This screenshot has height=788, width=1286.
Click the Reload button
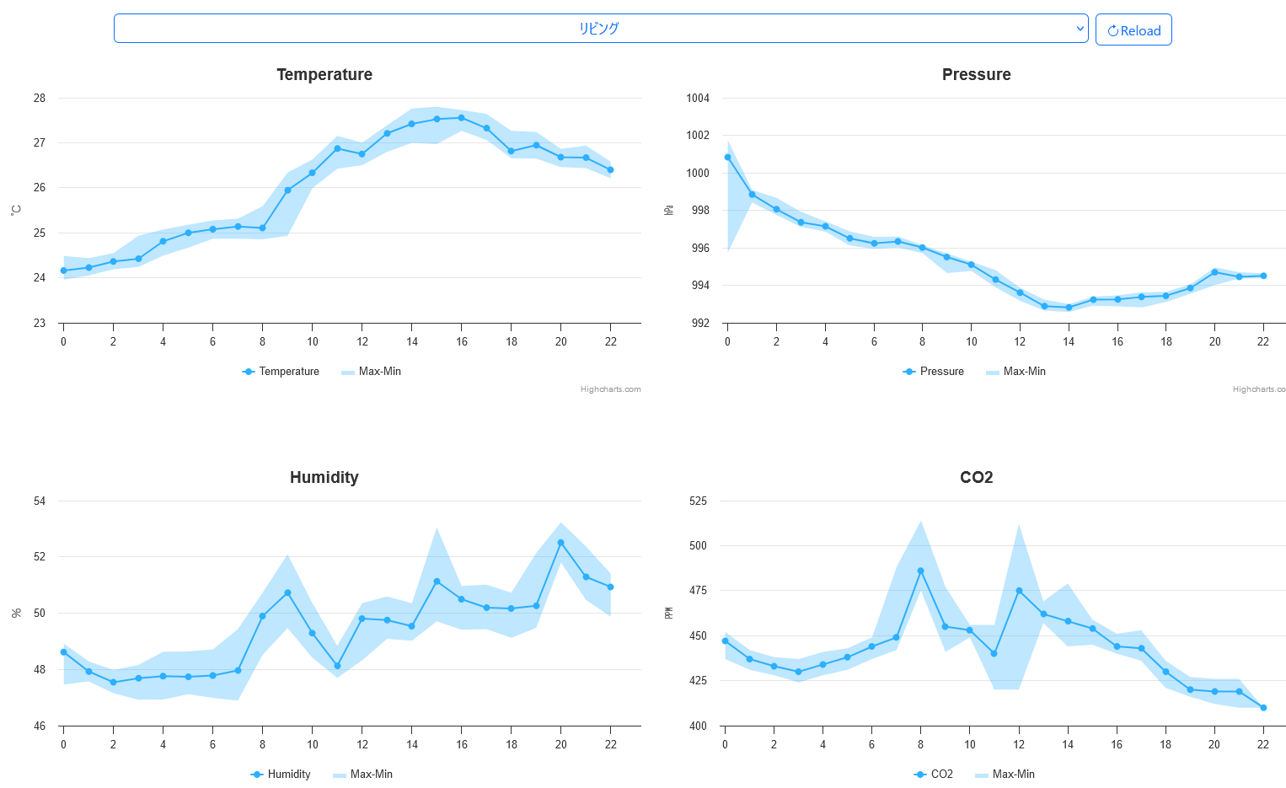point(1133,30)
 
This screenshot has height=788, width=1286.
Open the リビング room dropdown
point(600,29)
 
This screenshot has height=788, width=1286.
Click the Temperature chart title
point(324,74)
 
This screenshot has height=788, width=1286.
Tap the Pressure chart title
point(976,74)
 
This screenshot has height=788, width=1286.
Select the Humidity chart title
point(324,477)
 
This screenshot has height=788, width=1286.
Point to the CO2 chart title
point(976,477)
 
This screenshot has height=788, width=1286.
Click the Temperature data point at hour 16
point(461,118)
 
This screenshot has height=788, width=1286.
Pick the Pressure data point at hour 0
point(727,157)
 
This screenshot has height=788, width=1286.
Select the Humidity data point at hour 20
point(561,543)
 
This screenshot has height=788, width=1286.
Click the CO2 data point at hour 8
point(920,571)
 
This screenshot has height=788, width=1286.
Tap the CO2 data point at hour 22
point(1263,708)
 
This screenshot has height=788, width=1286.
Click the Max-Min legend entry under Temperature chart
point(371,372)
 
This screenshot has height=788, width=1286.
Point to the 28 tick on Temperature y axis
point(40,98)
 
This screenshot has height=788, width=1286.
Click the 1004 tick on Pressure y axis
point(698,98)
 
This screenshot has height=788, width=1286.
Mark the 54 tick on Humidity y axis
point(40,501)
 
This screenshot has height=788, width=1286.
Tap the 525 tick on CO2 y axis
point(698,501)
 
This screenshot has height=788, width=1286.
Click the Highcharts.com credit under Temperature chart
point(610,389)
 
